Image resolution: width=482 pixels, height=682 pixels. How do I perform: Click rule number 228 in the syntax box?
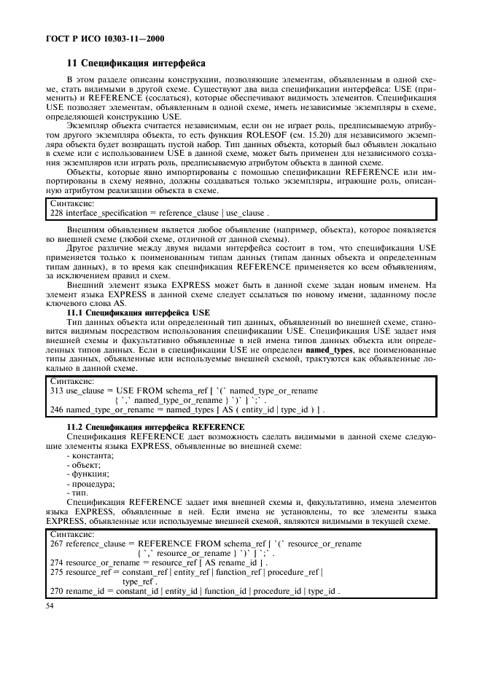[x=55, y=213]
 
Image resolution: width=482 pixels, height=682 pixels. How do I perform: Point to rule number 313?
[x=55, y=391]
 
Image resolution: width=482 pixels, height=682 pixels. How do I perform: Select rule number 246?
[x=55, y=410]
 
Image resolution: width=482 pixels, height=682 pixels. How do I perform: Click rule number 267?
[x=55, y=544]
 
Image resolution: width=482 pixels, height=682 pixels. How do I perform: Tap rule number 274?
[x=55, y=563]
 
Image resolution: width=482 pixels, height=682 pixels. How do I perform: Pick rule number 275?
[x=55, y=573]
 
